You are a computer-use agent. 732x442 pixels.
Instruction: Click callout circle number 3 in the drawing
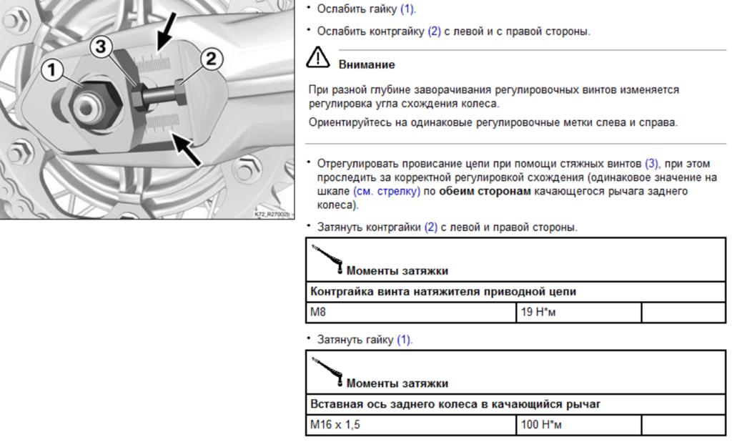coord(102,48)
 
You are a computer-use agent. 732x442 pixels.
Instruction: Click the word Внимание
coord(367,64)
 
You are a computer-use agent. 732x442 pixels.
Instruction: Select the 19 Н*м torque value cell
coord(578,313)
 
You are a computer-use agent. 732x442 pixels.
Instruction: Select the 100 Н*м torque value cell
coord(578,425)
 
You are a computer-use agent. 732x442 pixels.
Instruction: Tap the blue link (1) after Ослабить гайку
coord(407,9)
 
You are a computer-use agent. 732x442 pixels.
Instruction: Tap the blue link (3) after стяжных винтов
coord(652,164)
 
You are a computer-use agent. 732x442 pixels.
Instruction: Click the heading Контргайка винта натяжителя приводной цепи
coord(443,292)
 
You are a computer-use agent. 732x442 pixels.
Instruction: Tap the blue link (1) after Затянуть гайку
coord(405,340)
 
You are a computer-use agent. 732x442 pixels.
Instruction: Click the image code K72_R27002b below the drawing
coord(272,214)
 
